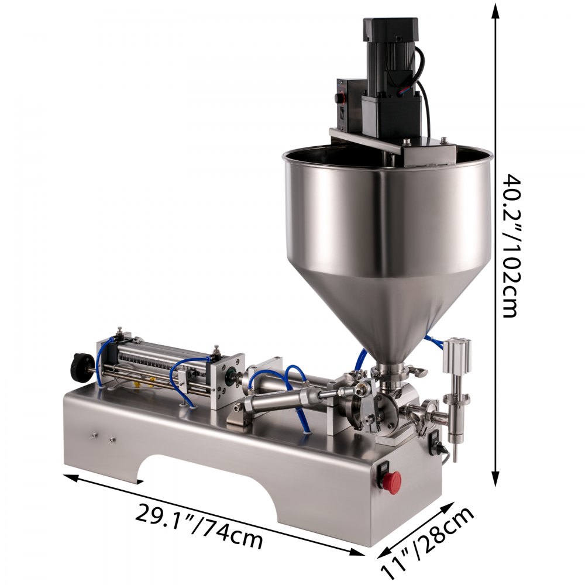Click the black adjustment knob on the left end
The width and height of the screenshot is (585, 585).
click(x=78, y=366)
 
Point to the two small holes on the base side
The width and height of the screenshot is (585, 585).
click(x=103, y=436)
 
